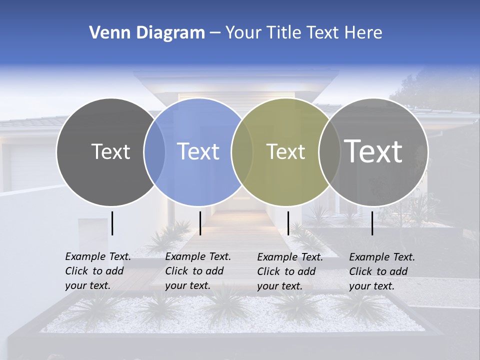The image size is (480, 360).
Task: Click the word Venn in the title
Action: point(105,33)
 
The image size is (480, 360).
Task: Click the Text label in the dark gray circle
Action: point(110,151)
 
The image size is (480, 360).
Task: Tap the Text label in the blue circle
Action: point(198,151)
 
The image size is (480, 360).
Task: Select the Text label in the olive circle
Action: point(285,151)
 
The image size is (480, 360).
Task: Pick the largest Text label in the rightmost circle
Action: point(373,151)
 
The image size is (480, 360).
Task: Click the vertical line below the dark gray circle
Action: point(112,223)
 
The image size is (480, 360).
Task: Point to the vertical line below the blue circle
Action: point(200,223)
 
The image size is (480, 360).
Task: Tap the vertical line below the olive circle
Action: point(288,223)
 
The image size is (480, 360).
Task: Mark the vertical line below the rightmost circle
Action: point(372,223)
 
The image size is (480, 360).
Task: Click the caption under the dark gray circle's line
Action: point(97,271)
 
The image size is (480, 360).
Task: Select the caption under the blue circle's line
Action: point(197,271)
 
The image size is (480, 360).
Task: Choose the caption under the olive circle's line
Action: point(289,271)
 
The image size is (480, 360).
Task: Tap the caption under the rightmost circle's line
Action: point(381,271)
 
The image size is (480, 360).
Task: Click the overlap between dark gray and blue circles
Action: point(154,152)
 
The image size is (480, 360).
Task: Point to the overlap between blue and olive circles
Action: point(242,152)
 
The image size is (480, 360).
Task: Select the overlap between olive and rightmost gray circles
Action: point(329,152)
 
